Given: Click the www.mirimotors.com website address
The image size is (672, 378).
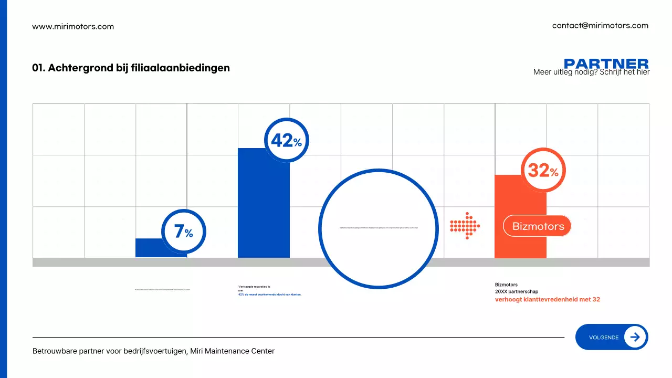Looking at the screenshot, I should pyautogui.click(x=73, y=26).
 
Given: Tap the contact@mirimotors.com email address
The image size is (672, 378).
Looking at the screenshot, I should pyautogui.click(x=600, y=25).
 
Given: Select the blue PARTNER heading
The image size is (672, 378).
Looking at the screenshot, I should pyautogui.click(x=606, y=64).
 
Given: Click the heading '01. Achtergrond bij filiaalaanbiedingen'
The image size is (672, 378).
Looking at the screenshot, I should pyautogui.click(x=131, y=68).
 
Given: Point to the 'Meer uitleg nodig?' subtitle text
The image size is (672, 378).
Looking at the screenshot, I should pyautogui.click(x=591, y=72).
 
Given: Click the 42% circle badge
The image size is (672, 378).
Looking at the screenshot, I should pyautogui.click(x=286, y=140).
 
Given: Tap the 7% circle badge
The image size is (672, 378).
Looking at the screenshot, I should pyautogui.click(x=183, y=232).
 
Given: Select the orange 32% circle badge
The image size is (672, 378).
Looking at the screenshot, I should pyautogui.click(x=543, y=170).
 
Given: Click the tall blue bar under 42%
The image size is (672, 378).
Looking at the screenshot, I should pyautogui.click(x=264, y=210).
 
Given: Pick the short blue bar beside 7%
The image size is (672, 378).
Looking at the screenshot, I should pyautogui.click(x=149, y=248).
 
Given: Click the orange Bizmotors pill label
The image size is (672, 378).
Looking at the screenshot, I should pyautogui.click(x=537, y=226).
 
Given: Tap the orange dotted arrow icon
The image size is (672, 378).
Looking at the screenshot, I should pyautogui.click(x=465, y=226).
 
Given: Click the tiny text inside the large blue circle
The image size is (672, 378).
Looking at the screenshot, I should pyautogui.click(x=379, y=228).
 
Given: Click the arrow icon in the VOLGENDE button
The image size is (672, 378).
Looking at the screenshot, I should pyautogui.click(x=635, y=337).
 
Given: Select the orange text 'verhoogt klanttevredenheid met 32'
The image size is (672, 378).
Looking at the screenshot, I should pyautogui.click(x=547, y=300).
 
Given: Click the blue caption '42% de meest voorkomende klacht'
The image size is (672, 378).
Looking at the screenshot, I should pyautogui.click(x=270, y=295).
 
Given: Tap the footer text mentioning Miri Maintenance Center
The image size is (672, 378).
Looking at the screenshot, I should pyautogui.click(x=153, y=351).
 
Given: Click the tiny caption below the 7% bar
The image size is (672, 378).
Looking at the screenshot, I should pyautogui.click(x=162, y=289).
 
